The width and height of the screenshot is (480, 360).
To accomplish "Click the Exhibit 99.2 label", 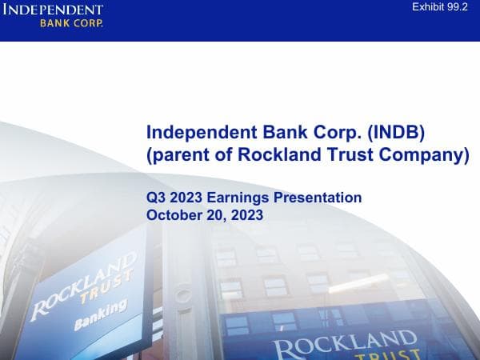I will coord(440,7).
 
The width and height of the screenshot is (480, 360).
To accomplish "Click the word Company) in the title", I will coord(427,155).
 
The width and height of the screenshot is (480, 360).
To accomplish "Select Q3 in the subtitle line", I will coord(156,198).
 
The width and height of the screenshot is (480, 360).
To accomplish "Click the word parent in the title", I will coord(180,155).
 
